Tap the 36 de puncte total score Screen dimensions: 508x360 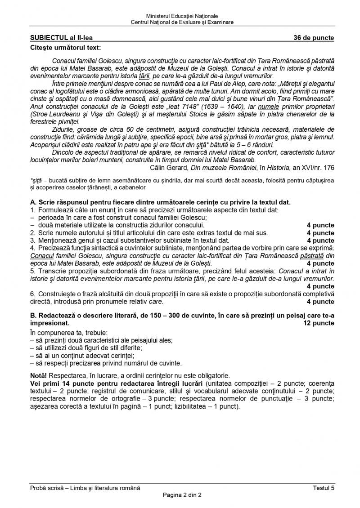314,38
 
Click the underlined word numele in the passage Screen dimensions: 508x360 269,107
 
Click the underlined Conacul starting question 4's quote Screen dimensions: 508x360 41,256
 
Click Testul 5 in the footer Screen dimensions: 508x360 324,488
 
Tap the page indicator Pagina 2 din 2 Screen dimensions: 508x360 182,495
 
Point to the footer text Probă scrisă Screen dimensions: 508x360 45,488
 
